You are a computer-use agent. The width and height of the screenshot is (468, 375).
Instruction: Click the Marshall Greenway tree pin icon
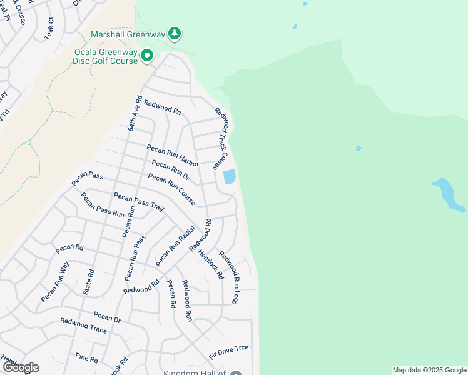click(176, 33)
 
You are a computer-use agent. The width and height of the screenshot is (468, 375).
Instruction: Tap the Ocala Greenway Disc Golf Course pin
click(147, 56)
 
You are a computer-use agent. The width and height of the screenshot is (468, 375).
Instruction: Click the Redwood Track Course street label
click(222, 139)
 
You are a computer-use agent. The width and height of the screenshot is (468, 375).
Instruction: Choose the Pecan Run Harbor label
click(172, 156)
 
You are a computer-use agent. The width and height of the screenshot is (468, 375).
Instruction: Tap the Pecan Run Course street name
click(171, 189)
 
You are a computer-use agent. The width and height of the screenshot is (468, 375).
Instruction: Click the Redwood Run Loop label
click(228, 277)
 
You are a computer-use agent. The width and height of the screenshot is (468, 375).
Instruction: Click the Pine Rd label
click(86, 359)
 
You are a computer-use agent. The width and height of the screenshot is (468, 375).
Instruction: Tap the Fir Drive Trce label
click(228, 348)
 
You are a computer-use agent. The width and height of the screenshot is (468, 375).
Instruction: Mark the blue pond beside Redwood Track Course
click(230, 177)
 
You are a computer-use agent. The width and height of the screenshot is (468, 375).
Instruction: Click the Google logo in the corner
click(20, 367)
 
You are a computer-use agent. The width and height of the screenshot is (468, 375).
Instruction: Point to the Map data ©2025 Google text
click(429, 370)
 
